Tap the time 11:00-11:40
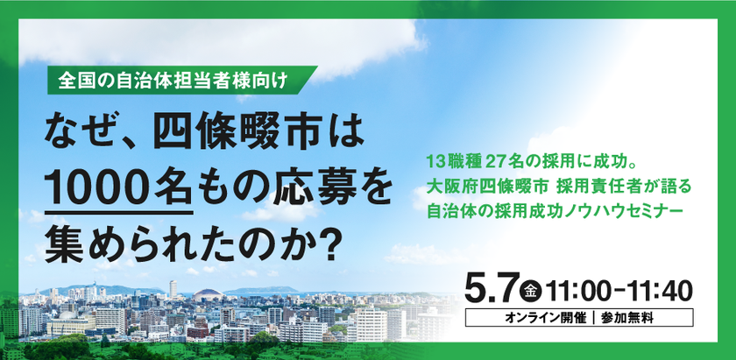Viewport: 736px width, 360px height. (618, 289)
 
